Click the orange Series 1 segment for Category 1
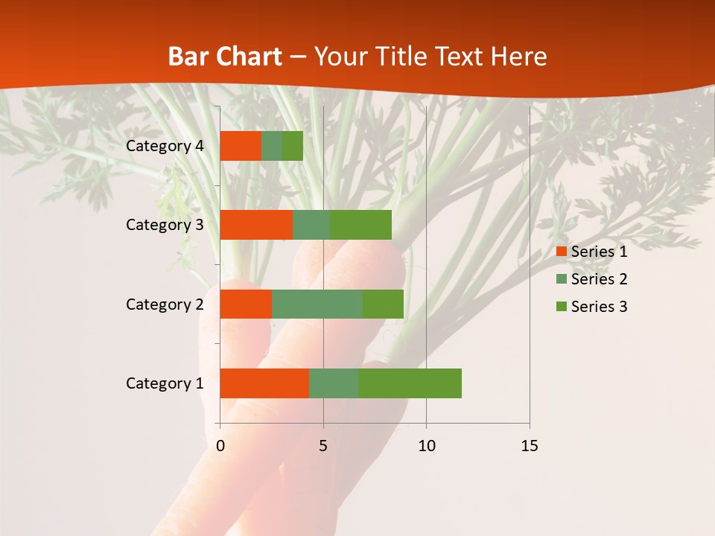point(264,383)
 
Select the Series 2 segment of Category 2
point(317,304)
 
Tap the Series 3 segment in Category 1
point(410,383)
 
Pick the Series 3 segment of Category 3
point(360,225)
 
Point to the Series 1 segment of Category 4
point(241,146)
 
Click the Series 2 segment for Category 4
point(272,146)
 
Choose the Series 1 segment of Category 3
point(256,225)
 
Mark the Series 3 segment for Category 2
point(383,304)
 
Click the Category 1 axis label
point(165,383)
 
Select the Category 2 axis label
point(165,304)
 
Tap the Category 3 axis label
point(165,225)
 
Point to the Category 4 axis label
point(165,146)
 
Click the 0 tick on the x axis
point(220,446)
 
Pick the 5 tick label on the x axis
point(323,446)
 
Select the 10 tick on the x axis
point(426,446)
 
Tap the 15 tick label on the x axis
point(530,446)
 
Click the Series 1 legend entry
point(591,252)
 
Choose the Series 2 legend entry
point(591,279)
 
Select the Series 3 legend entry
point(591,307)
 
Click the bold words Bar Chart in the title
point(224,57)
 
